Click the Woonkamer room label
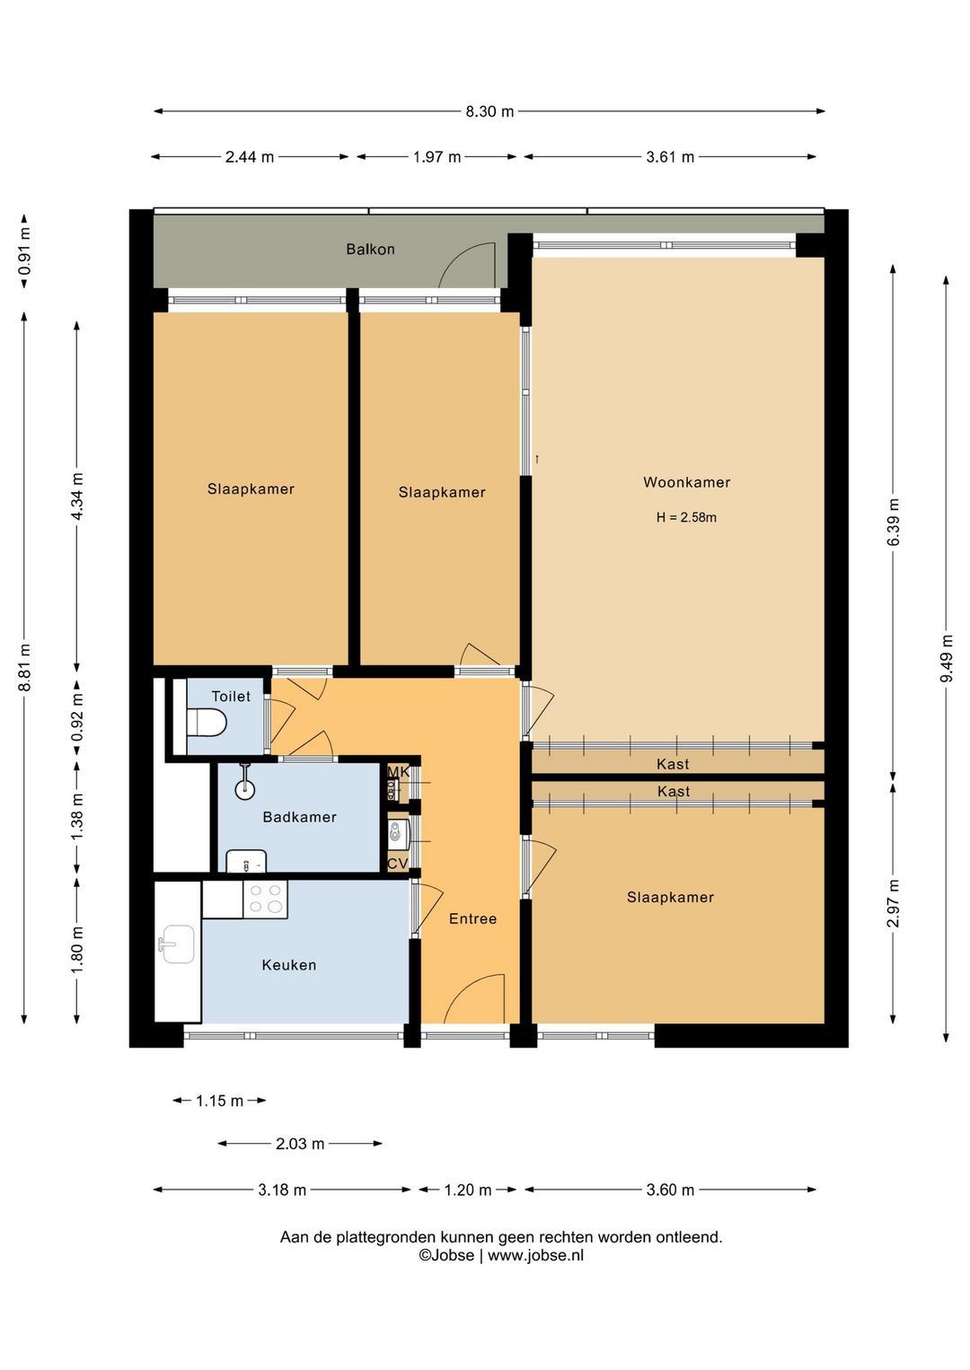[x=686, y=482]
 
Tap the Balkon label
[x=370, y=249]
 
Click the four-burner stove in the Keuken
[x=265, y=899]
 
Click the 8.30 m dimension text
[x=489, y=111]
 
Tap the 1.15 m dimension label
[x=220, y=1101]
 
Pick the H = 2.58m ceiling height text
[x=686, y=517]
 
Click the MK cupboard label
[x=398, y=772]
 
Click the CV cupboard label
[x=398, y=864]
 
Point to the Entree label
[x=472, y=918]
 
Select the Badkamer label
[x=299, y=817]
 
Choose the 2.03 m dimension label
[x=300, y=1144]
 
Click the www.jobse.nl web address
[x=535, y=1256]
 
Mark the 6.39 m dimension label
[x=894, y=522]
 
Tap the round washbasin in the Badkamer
[x=245, y=789]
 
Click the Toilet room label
[x=231, y=696]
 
